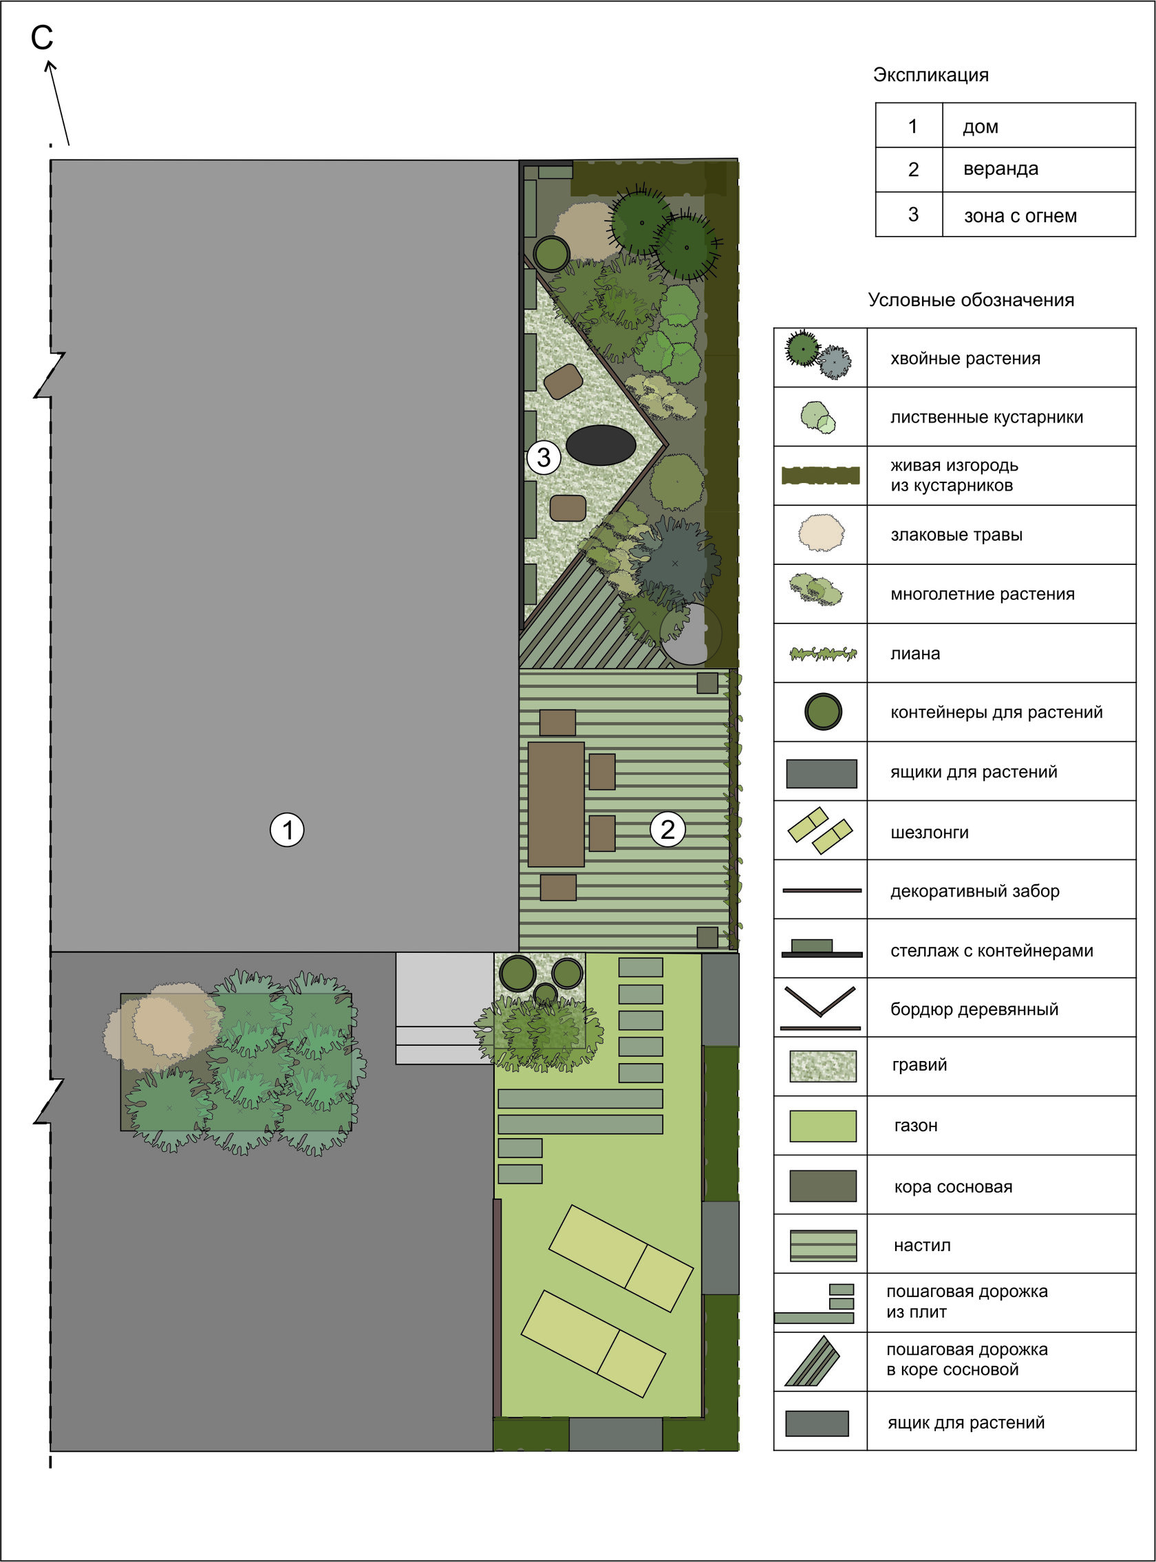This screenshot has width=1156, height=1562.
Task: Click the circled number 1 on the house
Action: (287, 830)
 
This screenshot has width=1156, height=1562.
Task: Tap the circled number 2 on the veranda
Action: (667, 829)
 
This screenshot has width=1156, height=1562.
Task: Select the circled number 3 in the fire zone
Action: (544, 458)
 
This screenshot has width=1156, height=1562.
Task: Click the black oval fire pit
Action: (601, 445)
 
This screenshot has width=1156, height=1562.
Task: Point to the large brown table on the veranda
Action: (555, 804)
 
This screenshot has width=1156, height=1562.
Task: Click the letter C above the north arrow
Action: (42, 38)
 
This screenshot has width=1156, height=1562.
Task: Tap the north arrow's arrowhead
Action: (50, 67)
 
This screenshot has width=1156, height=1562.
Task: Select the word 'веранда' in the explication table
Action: (1000, 169)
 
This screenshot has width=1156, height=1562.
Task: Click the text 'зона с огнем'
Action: (1020, 215)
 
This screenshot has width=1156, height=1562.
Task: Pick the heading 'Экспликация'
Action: (931, 75)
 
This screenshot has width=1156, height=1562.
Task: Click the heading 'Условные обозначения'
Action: (971, 300)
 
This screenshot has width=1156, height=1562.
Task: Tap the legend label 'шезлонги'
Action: (930, 833)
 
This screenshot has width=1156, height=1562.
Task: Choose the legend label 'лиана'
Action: (915, 654)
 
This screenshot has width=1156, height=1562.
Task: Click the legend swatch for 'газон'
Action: (822, 1126)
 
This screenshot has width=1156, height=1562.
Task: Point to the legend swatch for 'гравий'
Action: (822, 1067)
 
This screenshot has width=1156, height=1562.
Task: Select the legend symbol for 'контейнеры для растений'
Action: (822, 712)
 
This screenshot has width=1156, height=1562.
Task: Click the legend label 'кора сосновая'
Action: (953, 1187)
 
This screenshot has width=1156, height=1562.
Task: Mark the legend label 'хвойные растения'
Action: (965, 359)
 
